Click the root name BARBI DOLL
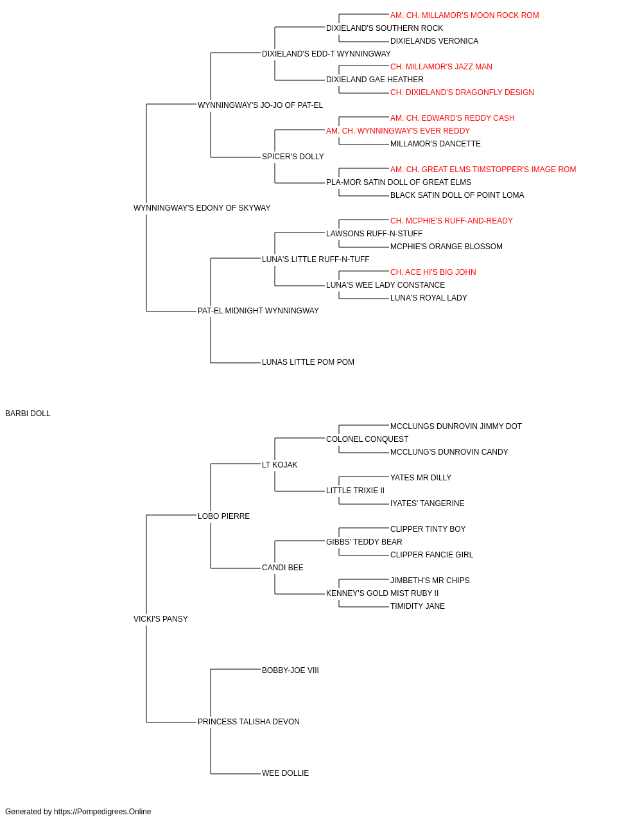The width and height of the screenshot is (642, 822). point(28,414)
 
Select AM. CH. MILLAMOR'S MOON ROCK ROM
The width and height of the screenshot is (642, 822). point(464,15)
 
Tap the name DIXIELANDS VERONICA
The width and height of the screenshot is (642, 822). point(434,41)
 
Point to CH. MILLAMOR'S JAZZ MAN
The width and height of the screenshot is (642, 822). point(441,67)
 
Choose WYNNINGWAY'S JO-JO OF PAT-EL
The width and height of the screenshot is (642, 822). point(260,105)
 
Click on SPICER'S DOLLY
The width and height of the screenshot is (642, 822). point(293,157)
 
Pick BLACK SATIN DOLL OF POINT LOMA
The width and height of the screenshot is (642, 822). point(456,195)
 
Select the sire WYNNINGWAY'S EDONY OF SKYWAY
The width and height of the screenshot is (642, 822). point(202,208)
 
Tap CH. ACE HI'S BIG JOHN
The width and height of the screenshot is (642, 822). point(433,272)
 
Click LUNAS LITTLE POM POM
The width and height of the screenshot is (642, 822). point(308,362)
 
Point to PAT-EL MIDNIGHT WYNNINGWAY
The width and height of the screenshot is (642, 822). point(258,311)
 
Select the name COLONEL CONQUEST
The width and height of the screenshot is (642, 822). point(367,439)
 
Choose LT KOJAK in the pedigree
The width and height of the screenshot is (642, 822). point(279,465)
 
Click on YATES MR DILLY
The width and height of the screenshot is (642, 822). point(421,478)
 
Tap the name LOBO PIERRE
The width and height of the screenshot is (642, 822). point(223,516)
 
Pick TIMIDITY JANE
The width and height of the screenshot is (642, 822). point(417,606)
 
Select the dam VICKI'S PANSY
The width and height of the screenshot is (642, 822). point(160,619)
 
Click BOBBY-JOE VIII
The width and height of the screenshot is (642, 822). point(290,670)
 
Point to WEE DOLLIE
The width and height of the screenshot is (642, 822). point(285,773)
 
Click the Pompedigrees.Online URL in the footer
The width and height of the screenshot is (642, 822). point(102,812)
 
